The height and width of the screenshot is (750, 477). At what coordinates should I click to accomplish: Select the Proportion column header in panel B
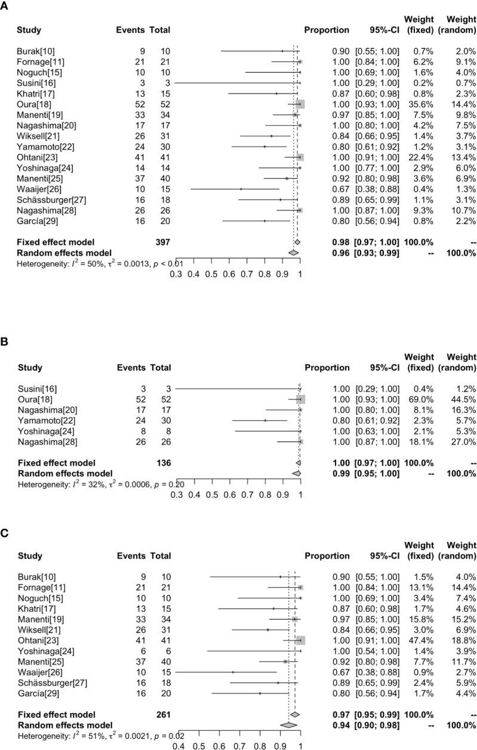(x=327, y=367)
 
